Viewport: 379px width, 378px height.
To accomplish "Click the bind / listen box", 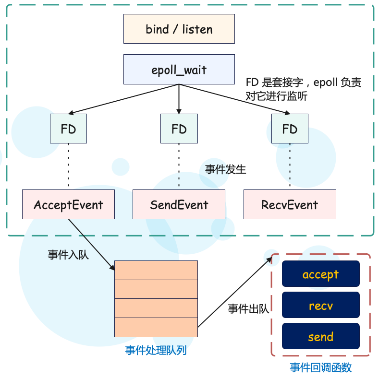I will coord(179,29).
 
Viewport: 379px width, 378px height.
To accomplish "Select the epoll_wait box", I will coord(179,70).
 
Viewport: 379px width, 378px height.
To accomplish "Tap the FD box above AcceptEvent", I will coord(68,129).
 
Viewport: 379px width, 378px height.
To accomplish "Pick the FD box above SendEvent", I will coord(179,129).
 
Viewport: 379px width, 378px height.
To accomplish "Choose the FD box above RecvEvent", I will coord(290,129).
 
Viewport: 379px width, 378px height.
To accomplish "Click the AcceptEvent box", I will coord(68,205).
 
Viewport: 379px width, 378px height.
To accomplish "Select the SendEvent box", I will coord(179,205).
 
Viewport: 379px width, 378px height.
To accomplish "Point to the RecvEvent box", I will coord(290,205).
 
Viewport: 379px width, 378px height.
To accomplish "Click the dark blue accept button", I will coord(320,274).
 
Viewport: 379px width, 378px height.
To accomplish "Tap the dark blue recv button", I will coord(320,305).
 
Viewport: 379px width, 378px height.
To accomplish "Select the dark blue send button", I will coord(320,336).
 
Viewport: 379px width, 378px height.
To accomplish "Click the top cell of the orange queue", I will coord(156,270).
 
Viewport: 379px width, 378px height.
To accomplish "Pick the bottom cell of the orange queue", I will coord(156,327).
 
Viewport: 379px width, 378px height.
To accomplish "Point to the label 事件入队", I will coord(68,255).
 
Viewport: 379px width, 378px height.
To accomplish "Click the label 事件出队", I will coord(248,308).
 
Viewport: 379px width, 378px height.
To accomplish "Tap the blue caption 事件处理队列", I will coord(156,350).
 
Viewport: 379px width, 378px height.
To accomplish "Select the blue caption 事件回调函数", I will coord(320,367).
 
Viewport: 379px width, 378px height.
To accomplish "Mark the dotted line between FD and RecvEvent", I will coord(290,166).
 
